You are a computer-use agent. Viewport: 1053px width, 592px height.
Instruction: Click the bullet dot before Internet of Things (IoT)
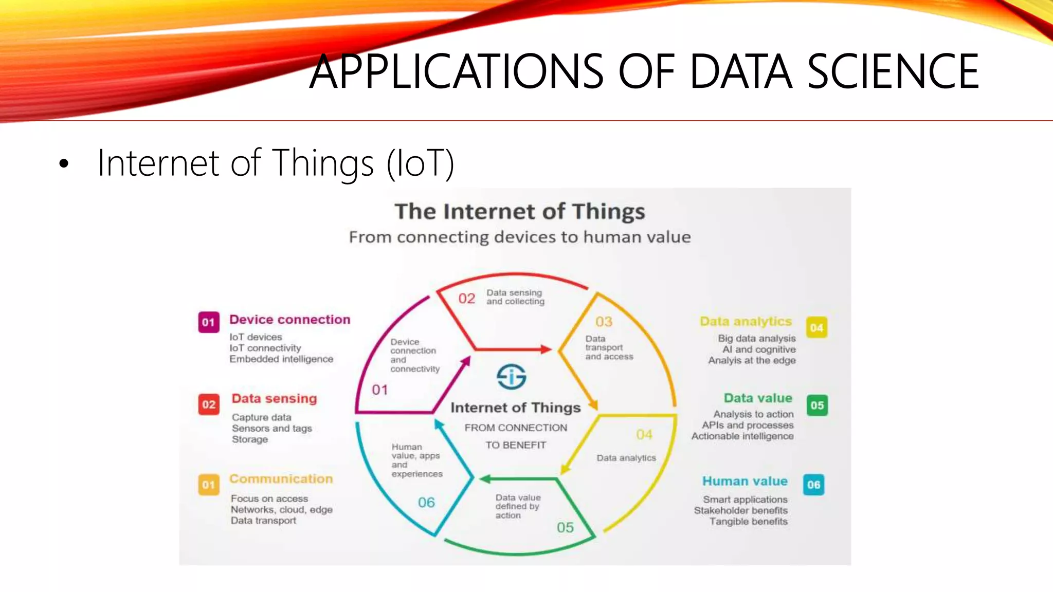(64, 164)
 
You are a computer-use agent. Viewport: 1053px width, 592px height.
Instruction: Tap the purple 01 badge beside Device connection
(209, 322)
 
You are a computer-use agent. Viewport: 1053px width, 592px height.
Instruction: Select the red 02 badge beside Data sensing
(209, 404)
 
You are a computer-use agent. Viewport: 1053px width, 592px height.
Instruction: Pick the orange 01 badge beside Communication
(209, 485)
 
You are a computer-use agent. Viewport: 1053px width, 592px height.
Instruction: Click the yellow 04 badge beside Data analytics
(816, 327)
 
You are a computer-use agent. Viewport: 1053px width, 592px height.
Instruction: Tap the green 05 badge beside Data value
(817, 405)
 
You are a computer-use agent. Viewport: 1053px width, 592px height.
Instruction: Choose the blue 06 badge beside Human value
(813, 485)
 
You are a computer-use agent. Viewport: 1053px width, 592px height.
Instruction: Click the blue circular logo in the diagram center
(511, 377)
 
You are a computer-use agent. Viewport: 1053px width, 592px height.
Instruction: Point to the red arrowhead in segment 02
(546, 349)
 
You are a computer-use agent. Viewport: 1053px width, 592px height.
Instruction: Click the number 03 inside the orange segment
(604, 322)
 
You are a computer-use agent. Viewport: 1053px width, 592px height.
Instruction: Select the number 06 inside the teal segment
(426, 502)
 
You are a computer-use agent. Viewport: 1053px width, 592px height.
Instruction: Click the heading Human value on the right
(745, 481)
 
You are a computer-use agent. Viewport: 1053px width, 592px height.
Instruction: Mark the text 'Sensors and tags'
(271, 428)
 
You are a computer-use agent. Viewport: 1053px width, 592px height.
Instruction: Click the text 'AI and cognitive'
(759, 349)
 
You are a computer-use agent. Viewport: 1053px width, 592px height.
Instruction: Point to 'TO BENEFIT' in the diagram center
(516, 445)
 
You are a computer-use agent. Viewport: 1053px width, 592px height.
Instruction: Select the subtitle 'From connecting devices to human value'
(519, 237)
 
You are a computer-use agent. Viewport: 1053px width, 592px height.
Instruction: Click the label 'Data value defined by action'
(517, 506)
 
